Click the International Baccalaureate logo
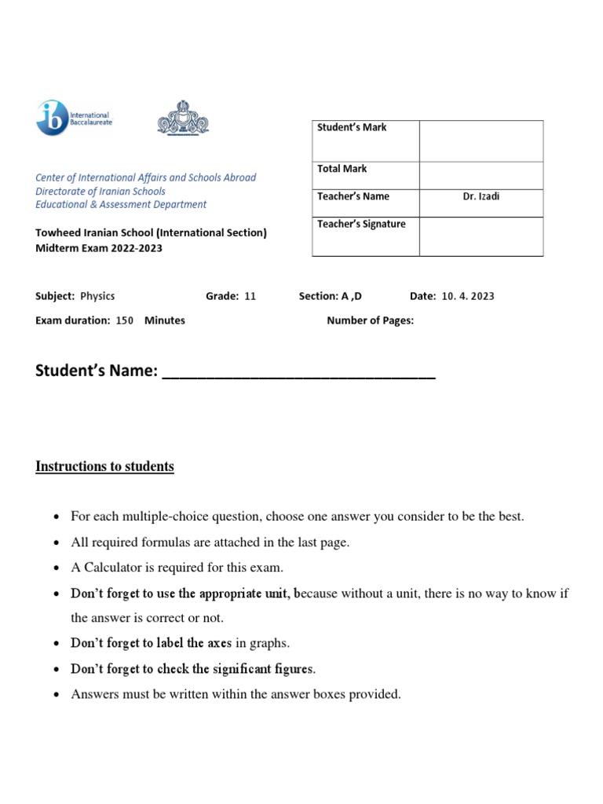click(74, 119)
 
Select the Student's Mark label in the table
click(352, 128)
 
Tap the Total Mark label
click(342, 169)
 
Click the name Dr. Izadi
click(481, 197)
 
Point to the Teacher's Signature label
click(361, 225)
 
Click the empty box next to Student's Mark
click(481, 141)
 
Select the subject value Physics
click(97, 296)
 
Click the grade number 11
click(250, 296)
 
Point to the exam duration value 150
click(125, 320)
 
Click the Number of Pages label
click(370, 320)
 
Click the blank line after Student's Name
click(298, 371)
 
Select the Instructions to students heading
click(104, 466)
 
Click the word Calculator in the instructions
click(108, 568)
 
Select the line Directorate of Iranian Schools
click(100, 191)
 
